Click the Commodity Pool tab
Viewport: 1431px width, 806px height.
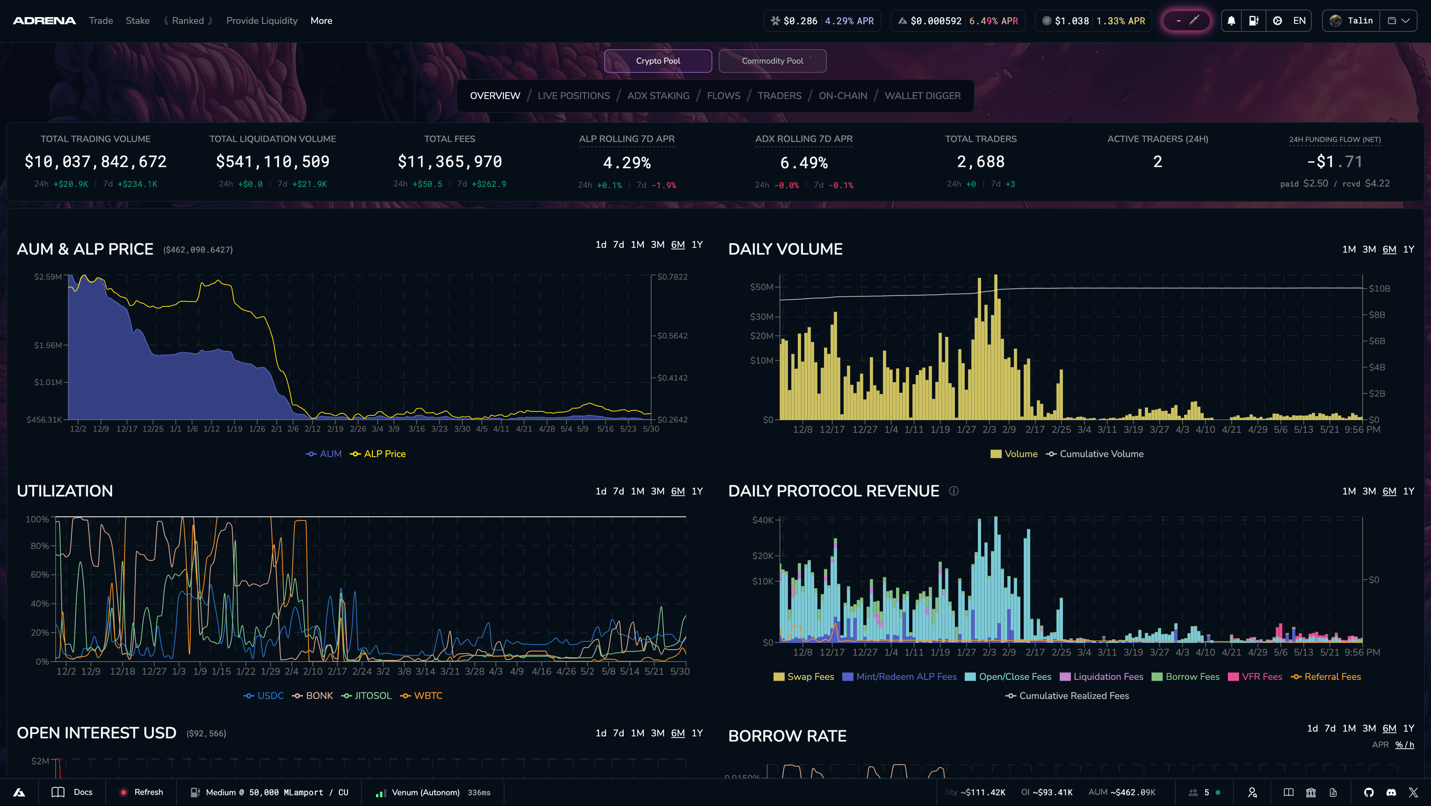point(772,60)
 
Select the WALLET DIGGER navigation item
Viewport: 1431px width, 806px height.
point(922,95)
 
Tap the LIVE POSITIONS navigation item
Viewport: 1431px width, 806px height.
point(573,95)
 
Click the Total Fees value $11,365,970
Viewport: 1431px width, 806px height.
point(450,162)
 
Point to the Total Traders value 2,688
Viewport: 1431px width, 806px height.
point(981,162)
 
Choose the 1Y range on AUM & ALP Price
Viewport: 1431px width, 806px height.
point(696,245)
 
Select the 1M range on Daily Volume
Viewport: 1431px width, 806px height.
point(1349,249)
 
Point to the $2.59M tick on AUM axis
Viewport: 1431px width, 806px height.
point(48,277)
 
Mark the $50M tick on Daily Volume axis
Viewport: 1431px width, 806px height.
point(762,287)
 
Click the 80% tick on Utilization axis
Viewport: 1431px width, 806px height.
point(39,546)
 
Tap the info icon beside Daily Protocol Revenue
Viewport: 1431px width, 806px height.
point(954,491)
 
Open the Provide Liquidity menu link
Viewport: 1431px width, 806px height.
point(262,21)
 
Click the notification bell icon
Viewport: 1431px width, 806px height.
point(1231,21)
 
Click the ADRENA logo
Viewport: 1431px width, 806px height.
point(45,21)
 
